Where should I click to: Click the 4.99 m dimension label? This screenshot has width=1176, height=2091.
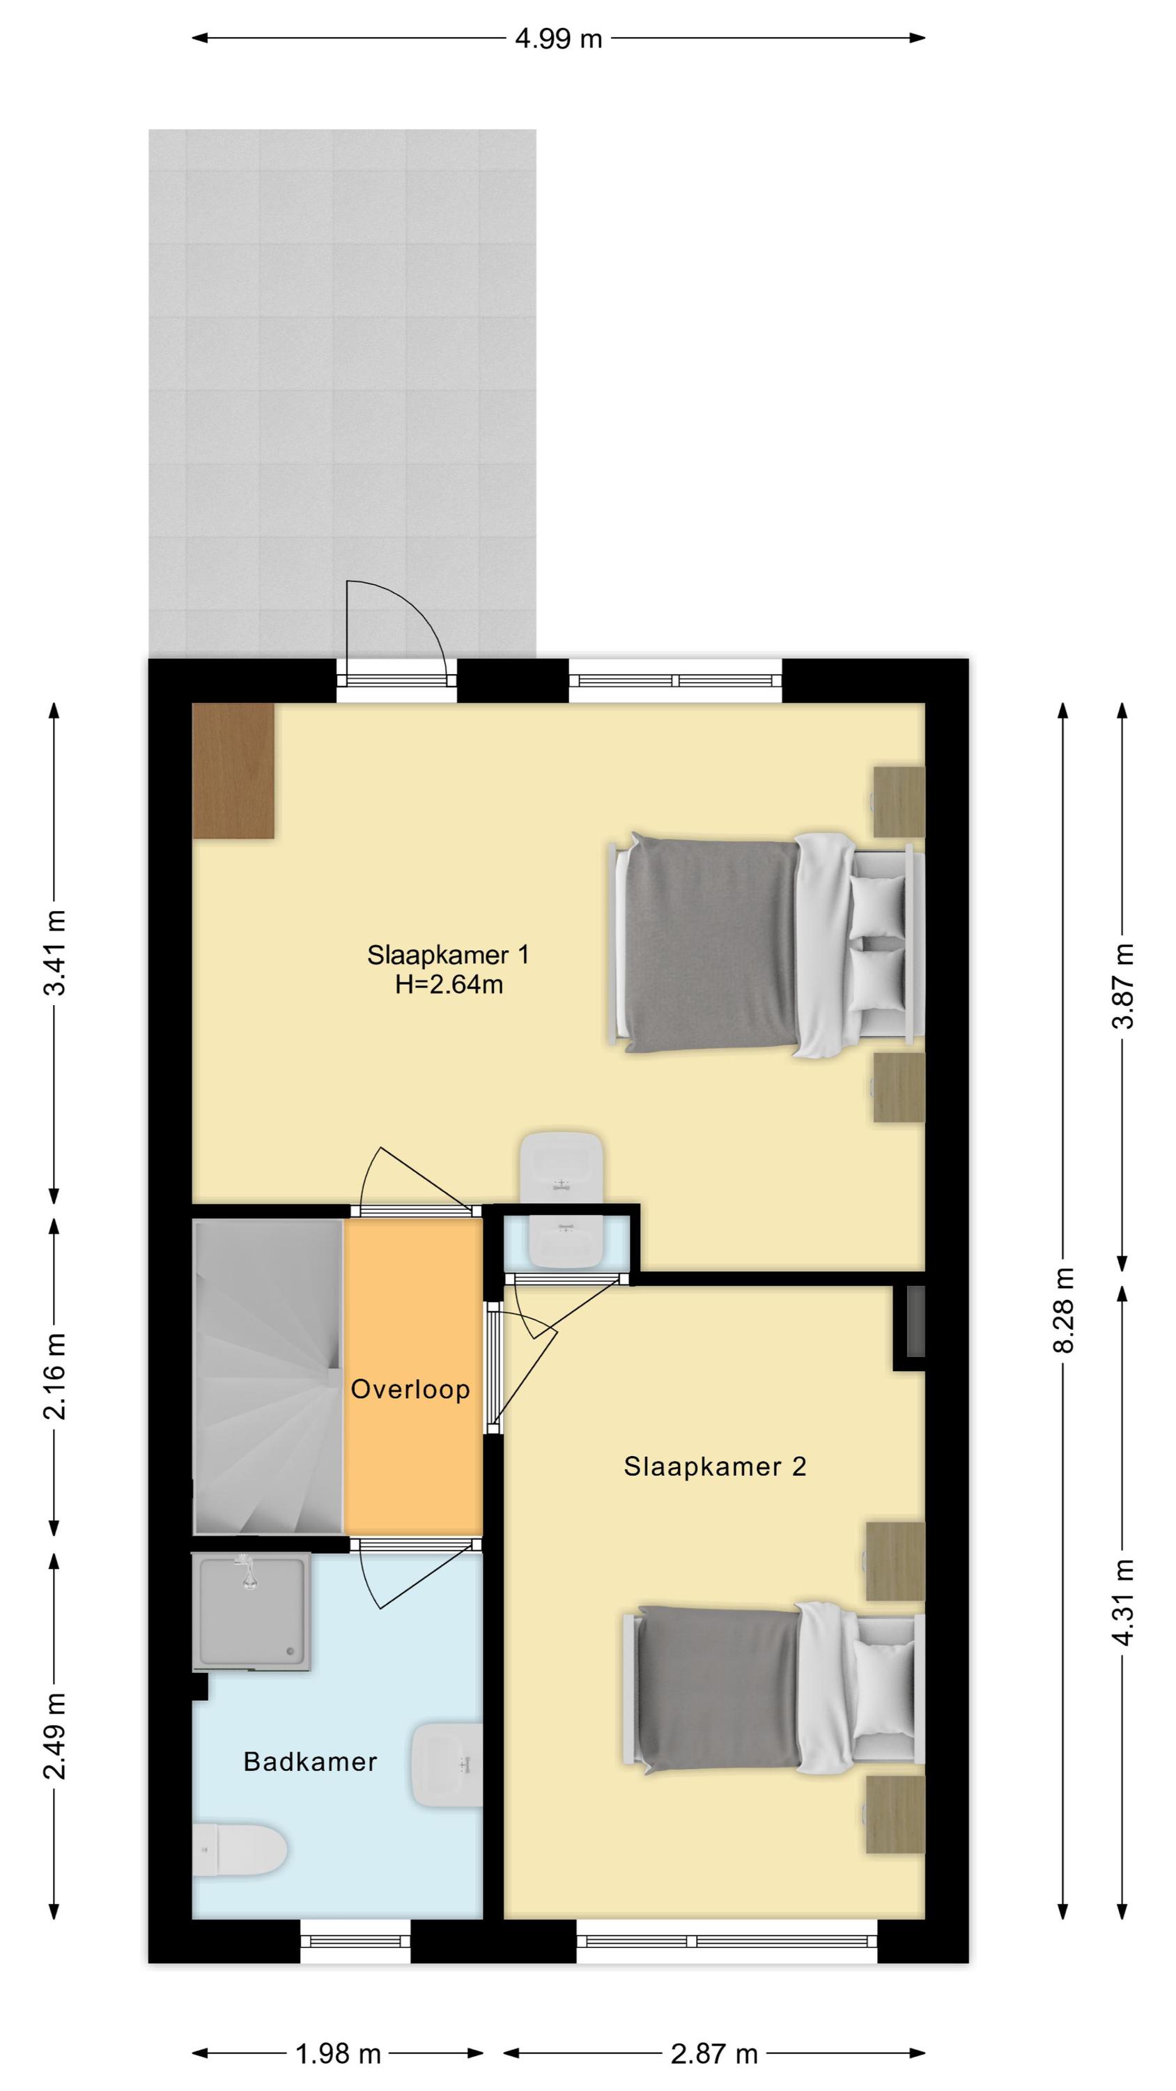coord(558,38)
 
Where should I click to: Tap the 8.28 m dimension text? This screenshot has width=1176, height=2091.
coord(1063,1310)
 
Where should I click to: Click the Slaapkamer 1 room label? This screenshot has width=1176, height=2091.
coord(448,955)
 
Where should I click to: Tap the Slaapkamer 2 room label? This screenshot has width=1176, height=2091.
coord(715,1466)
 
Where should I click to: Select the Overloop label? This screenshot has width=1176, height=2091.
coord(410,1390)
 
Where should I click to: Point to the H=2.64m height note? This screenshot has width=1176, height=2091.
coord(449,985)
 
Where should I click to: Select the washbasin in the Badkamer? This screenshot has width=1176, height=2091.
coord(447,1766)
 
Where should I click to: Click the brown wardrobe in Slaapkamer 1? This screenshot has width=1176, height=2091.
coord(233,770)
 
